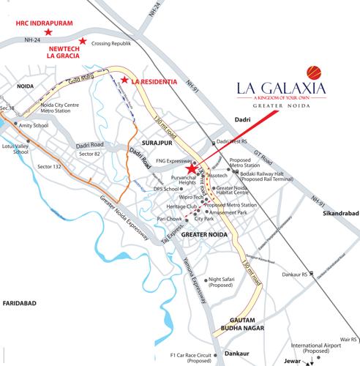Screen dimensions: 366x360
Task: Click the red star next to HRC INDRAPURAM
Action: coord(48,33)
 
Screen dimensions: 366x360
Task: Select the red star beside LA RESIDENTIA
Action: coord(125,79)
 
